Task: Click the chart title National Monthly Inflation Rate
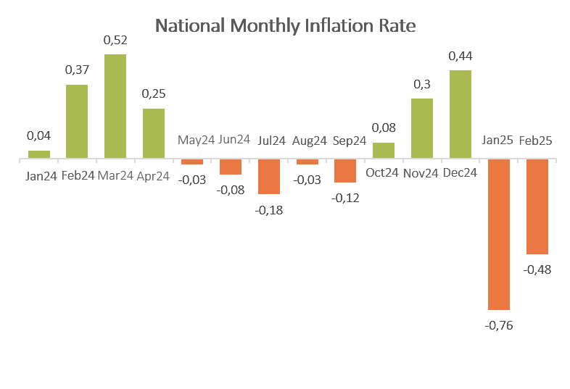[286, 26]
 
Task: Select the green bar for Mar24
[115, 106]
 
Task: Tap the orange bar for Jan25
[498, 234]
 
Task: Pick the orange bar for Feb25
[537, 206]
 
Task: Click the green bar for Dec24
[460, 114]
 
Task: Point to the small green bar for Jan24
[39, 154]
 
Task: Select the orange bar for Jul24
[268, 176]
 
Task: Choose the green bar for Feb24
[77, 122]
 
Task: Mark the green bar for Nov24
[422, 128]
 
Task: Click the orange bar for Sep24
[345, 170]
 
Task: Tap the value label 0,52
[115, 41]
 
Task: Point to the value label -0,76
[498, 325]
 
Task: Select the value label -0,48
[537, 269]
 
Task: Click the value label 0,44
[460, 56]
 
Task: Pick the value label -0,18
[269, 210]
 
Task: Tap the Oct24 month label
[384, 174]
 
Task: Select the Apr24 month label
[153, 176]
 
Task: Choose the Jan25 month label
[498, 141]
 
